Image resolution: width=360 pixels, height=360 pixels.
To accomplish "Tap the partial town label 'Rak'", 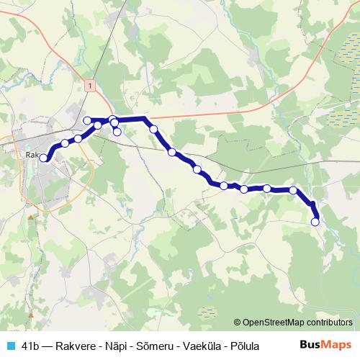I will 32,153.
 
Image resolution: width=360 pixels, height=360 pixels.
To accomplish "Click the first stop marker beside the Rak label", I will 44,158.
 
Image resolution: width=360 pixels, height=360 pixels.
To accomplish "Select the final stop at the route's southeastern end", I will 315,222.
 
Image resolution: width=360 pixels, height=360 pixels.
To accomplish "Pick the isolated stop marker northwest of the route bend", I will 87,120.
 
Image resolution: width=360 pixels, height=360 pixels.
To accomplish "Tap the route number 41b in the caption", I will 31,346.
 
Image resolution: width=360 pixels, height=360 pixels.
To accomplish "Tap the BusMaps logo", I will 325,345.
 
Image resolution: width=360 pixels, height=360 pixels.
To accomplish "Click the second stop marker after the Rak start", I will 65,143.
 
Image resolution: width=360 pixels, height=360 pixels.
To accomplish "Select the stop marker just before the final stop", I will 293,190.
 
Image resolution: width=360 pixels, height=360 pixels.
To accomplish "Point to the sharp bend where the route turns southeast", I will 145,118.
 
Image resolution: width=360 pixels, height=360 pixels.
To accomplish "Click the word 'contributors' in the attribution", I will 330,323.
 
